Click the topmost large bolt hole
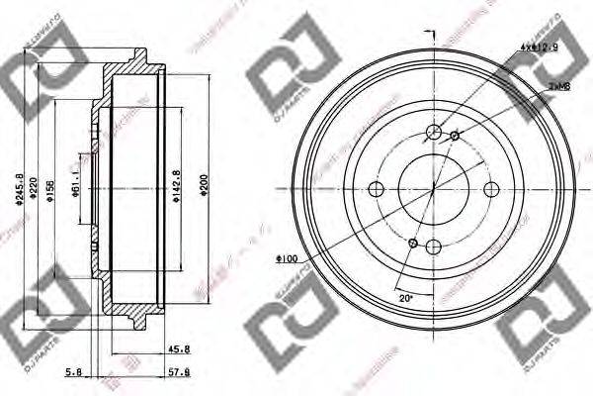click(433, 132)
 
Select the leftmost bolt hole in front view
click(375, 190)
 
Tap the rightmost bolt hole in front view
click(491, 190)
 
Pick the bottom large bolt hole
click(433, 248)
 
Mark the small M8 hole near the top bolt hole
click(455, 136)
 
